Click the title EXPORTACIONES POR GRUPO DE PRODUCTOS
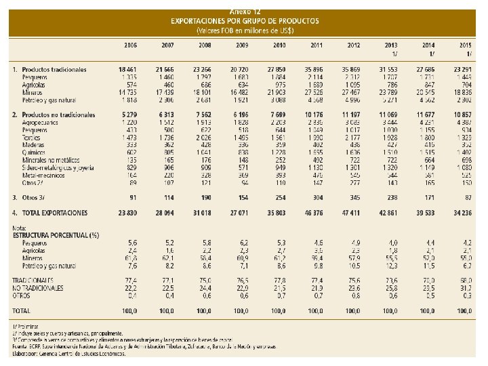click(x=245, y=21)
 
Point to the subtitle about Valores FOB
click(x=245, y=30)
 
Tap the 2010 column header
click(x=278, y=45)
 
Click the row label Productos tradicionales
click(x=54, y=70)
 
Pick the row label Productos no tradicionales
click(x=58, y=115)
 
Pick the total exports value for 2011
click(x=314, y=213)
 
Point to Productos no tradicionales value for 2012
click(x=351, y=115)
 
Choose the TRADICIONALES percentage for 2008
click(x=204, y=280)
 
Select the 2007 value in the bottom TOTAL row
click(x=167, y=310)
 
